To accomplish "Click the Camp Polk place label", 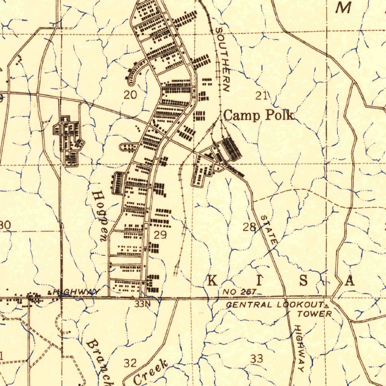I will (259, 115).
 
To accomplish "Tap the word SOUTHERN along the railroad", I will (222, 60).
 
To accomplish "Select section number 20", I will (130, 95).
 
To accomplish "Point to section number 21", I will (261, 95).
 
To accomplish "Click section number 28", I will (249, 227).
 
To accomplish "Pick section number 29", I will (160, 235).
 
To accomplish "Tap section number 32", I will (130, 363).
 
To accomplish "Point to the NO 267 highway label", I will (239, 291).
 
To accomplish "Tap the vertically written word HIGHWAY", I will (300, 348).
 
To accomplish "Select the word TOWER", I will (314, 314).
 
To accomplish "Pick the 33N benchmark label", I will (143, 304).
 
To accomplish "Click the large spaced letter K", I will (213, 281).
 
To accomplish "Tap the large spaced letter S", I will (305, 281).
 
